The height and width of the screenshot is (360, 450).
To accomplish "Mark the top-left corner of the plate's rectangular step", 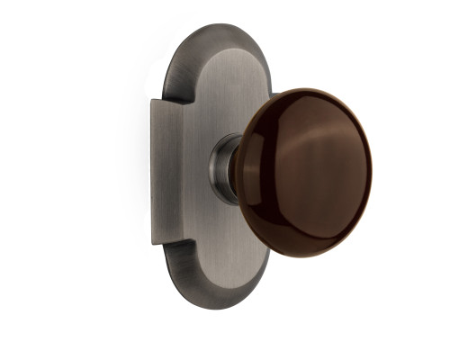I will tap(154, 101).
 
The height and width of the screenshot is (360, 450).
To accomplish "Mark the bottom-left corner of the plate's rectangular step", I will tap(154, 242).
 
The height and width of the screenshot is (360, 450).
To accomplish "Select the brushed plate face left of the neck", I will tap(189, 171).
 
